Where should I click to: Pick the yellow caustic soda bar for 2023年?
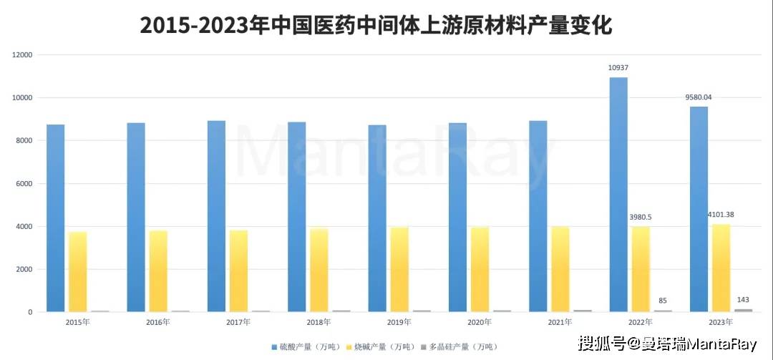pos(721,268)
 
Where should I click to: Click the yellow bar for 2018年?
pos(319,271)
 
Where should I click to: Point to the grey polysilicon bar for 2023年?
pos(743,310)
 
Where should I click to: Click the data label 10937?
pos(618,68)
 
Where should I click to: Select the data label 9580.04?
pos(698,97)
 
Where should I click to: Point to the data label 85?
pos(663,301)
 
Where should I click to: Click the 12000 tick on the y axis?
pos(23,55)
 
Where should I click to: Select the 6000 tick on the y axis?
pos(25,184)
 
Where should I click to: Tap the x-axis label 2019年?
pos(399,322)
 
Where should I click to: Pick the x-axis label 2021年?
pos(560,322)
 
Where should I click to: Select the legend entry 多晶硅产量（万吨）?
pos(461,346)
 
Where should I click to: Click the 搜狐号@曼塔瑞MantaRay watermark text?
pos(667,344)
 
